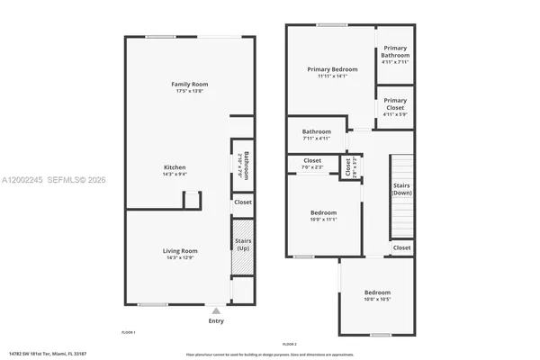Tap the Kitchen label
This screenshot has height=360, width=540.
point(175,167)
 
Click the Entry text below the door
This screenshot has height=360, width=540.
point(216,320)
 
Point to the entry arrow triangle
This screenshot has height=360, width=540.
point(216,310)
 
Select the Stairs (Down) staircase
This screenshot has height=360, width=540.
point(401,196)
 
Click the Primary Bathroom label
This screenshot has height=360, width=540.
point(395,51)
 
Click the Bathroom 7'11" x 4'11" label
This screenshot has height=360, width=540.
point(316,132)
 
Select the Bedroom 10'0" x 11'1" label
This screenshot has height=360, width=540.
point(323,212)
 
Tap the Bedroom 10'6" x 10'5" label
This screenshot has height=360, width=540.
point(377,292)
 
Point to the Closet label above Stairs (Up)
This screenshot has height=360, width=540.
point(243,202)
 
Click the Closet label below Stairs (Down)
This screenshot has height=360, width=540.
point(401,247)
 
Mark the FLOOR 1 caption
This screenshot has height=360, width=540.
point(128,332)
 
